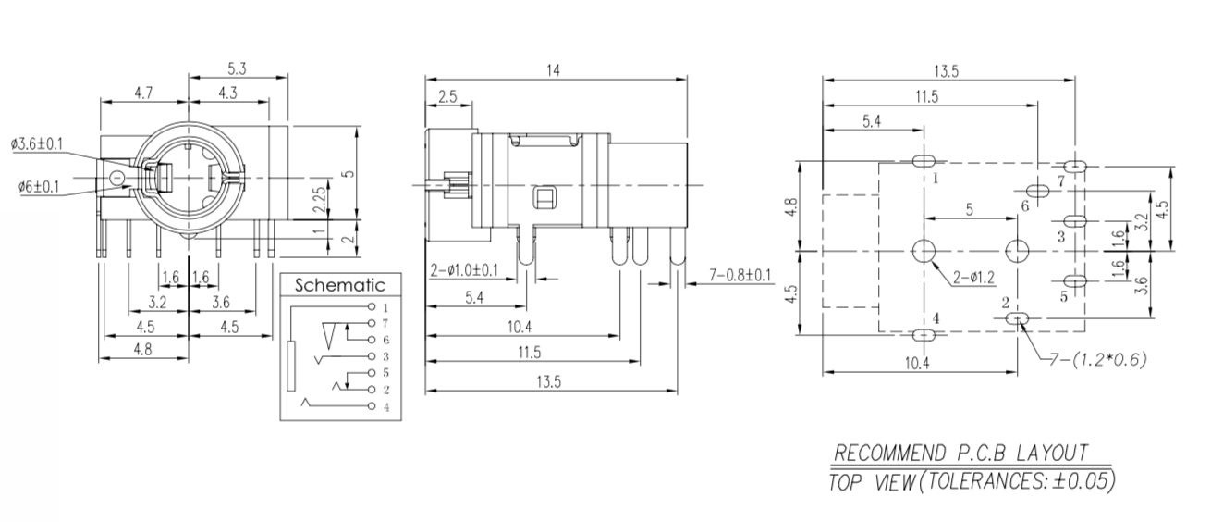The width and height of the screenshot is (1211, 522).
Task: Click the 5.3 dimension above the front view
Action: (x=237, y=68)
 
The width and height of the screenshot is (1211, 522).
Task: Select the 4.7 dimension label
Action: (x=144, y=93)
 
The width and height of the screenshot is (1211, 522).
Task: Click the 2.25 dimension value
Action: (x=318, y=196)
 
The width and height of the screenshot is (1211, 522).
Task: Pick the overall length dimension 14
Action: (x=554, y=69)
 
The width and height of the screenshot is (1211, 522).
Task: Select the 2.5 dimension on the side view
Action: (x=447, y=96)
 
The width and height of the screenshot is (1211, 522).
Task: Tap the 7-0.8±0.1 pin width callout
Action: (x=740, y=275)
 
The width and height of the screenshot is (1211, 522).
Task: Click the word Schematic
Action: (x=339, y=286)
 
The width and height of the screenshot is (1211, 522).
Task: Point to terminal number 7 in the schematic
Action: (x=385, y=323)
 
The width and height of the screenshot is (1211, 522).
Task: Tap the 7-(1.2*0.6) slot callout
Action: (x=1098, y=359)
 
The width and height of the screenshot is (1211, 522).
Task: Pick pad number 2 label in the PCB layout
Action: (x=1006, y=303)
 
